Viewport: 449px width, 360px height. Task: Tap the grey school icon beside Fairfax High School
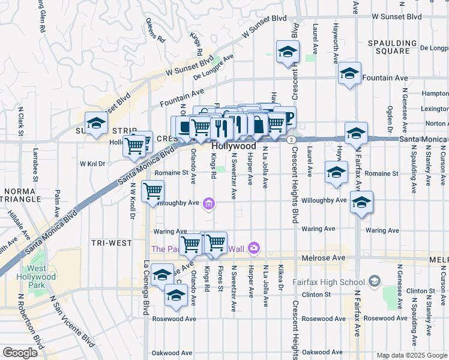point(375,281)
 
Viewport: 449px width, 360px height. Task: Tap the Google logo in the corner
point(20,352)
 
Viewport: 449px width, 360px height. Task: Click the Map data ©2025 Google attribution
point(411,355)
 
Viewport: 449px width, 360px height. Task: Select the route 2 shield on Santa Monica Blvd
point(291,139)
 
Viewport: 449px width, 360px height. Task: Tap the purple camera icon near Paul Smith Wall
point(254,248)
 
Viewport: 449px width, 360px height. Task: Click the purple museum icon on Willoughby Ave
point(208,205)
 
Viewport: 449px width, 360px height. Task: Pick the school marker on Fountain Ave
point(349,74)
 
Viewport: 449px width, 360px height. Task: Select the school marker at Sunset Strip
point(95,124)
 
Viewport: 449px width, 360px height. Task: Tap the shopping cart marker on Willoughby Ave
point(152,191)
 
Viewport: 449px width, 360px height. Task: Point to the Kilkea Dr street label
point(280,277)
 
